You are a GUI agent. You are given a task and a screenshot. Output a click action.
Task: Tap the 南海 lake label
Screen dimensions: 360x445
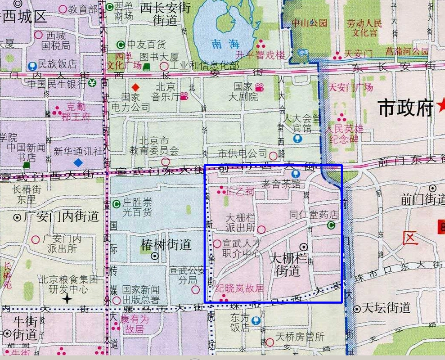[x=224, y=44]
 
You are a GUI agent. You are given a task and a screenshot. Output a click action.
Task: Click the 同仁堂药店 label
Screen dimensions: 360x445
[x=314, y=215]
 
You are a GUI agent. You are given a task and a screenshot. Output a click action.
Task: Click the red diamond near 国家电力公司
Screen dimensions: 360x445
[x=135, y=87]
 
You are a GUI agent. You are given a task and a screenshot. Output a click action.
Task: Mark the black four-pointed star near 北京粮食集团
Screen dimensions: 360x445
[x=67, y=298]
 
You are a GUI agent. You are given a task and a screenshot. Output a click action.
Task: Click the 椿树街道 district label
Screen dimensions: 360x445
[x=166, y=245]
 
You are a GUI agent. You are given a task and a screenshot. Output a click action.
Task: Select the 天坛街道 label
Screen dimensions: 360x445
[x=387, y=308]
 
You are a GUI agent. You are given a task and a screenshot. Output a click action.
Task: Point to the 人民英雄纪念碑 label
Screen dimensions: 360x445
[x=342, y=134]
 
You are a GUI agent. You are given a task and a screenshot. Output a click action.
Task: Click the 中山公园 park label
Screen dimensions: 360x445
[x=309, y=22]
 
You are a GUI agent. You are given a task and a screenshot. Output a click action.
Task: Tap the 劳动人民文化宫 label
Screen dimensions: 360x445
[x=364, y=28]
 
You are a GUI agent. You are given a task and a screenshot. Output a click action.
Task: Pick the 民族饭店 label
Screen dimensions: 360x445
[x=57, y=64]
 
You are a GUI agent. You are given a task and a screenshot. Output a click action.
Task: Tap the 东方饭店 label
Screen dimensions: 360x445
[x=239, y=322]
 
